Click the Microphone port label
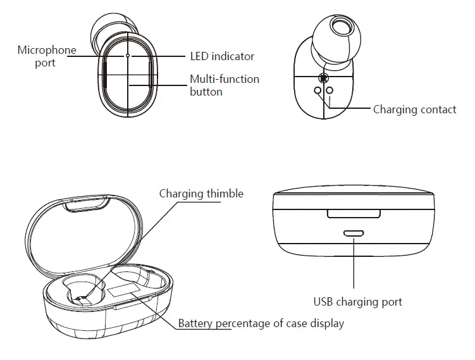click(x=46, y=56)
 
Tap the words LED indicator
click(x=222, y=56)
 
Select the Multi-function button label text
click(x=225, y=85)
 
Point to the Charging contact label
click(x=414, y=109)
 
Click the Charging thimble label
click(x=201, y=194)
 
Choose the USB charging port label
click(x=358, y=301)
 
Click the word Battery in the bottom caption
click(x=196, y=323)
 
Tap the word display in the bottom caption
click(x=328, y=323)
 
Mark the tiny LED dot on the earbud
click(x=128, y=56)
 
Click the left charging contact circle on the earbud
click(x=318, y=90)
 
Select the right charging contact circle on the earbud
click(x=330, y=90)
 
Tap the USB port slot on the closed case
click(x=354, y=233)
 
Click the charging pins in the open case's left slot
click(x=80, y=297)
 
